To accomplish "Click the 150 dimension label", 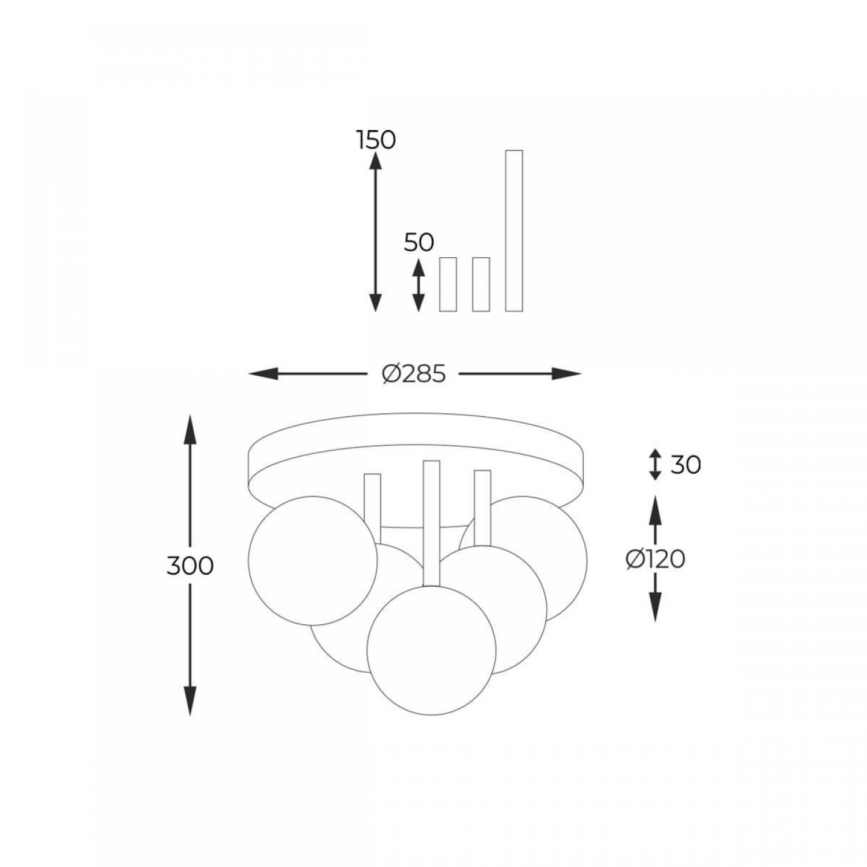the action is (376, 140).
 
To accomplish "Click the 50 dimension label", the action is (419, 242).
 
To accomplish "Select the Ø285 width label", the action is (414, 375).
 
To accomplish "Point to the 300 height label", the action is (190, 565).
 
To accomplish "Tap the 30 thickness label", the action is (686, 464).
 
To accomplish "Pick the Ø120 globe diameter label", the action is (655, 559).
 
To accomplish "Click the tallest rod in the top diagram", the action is (514, 231).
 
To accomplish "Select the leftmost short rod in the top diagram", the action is (448, 284).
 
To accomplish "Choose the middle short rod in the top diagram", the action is (481, 284).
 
